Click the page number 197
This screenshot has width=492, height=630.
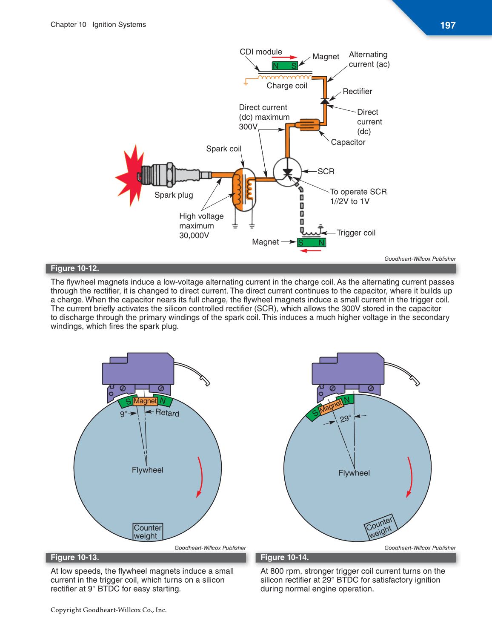click(448, 26)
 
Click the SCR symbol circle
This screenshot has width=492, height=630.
click(287, 172)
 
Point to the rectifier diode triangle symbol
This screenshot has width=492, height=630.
click(325, 101)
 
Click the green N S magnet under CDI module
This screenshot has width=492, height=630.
click(285, 66)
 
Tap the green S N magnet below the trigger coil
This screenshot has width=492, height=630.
click(311, 242)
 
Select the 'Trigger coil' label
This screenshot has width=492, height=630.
click(356, 233)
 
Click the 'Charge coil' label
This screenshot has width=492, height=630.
click(286, 86)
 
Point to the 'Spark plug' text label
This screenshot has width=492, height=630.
click(174, 195)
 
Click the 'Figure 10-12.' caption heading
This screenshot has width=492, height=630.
click(75, 268)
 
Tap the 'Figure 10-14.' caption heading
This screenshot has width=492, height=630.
click(285, 557)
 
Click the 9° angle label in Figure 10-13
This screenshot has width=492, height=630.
click(124, 414)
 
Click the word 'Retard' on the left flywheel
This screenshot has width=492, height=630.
click(167, 413)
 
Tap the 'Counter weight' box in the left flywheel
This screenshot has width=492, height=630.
click(148, 532)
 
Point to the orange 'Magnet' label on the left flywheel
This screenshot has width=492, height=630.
click(145, 401)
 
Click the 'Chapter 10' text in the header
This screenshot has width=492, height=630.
click(68, 25)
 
